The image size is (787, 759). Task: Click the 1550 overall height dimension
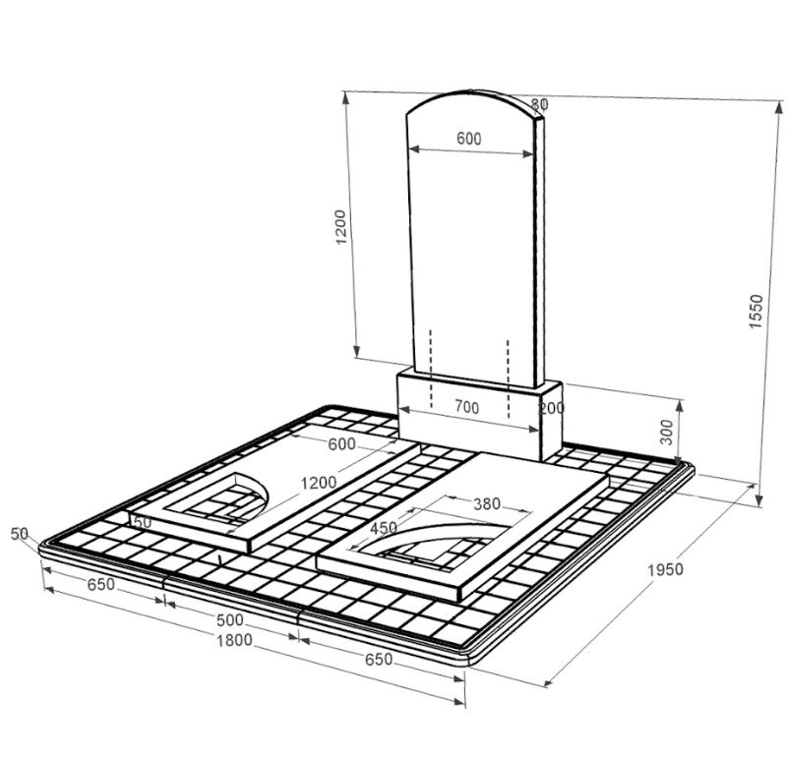pyautogui.click(x=756, y=312)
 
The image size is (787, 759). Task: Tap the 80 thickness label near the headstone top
pyautogui.click(x=539, y=104)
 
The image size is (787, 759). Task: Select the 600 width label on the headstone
pyautogui.click(x=469, y=139)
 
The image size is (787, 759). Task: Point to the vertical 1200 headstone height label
pyautogui.click(x=340, y=227)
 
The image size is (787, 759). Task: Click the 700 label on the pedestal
pyautogui.click(x=466, y=407)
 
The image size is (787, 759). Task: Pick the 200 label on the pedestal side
pyautogui.click(x=551, y=408)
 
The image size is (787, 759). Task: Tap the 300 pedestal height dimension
pyautogui.click(x=666, y=433)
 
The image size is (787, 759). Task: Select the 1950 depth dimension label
pyautogui.click(x=666, y=570)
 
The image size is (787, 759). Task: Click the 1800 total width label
pyautogui.click(x=234, y=641)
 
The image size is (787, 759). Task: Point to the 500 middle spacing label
pyautogui.click(x=230, y=620)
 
